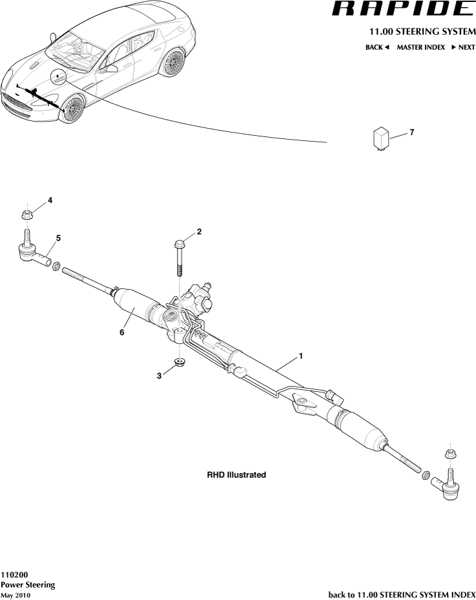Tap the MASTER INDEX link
tap(420, 47)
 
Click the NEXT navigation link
tap(462, 47)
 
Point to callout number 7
tap(411, 132)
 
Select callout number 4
tap(50, 200)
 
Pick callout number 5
tap(58, 239)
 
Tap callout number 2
tap(199, 231)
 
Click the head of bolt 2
tap(180, 244)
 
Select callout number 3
tap(159, 376)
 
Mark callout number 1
tap(300, 356)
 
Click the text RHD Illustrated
tap(236, 475)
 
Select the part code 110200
tap(14, 574)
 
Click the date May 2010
tap(16, 595)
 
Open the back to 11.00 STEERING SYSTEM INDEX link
tap(402, 594)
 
